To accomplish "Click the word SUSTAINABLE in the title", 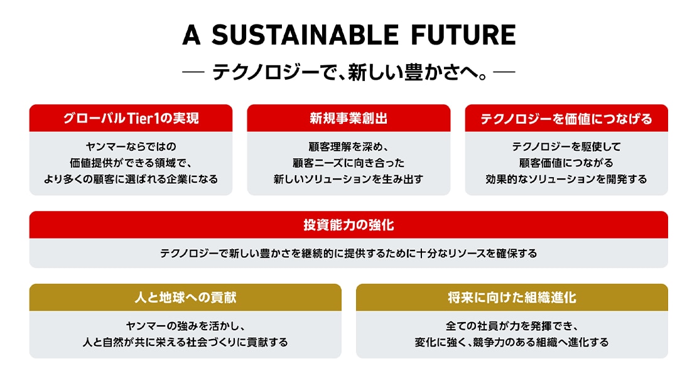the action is (x=305, y=35).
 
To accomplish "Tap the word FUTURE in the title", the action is (x=463, y=35).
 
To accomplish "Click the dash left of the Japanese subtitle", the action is (x=193, y=72).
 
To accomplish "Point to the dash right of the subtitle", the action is (x=504, y=72).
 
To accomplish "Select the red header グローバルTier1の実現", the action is (x=131, y=118).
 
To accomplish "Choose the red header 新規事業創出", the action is (x=348, y=118).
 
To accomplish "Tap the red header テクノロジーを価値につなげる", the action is (x=566, y=118).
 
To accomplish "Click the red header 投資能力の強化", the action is (x=348, y=225).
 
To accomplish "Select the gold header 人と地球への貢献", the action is (x=185, y=297).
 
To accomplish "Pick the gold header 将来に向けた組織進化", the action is (x=512, y=297).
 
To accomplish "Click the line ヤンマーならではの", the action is (x=131, y=147).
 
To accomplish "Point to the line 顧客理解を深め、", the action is (x=348, y=147).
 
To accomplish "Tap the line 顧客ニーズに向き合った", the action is (x=348, y=163).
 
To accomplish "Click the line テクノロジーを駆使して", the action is (x=566, y=147).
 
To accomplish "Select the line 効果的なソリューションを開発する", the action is (x=566, y=180).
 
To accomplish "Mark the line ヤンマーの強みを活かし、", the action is (x=185, y=326).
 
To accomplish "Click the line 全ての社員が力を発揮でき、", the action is (x=512, y=326).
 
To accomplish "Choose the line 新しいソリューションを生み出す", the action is (x=348, y=180).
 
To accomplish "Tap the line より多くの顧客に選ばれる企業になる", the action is (x=131, y=180).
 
